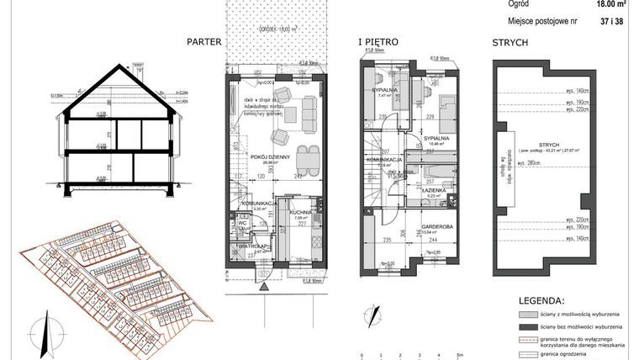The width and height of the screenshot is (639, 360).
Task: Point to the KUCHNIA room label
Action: click(301, 214)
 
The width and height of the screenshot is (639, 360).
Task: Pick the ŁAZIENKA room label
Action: click(435, 191)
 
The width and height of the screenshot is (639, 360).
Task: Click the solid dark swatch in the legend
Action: click(515, 326)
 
